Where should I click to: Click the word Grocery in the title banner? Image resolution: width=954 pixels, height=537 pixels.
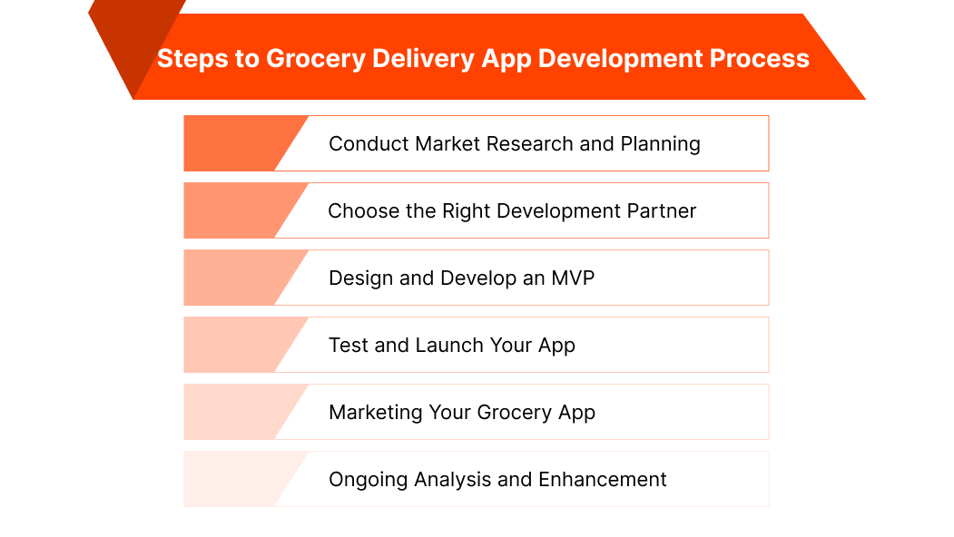pyautogui.click(x=316, y=59)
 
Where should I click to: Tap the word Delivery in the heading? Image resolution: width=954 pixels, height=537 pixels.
pyautogui.click(x=424, y=59)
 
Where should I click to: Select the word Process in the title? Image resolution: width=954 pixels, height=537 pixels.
pyautogui.click(x=760, y=58)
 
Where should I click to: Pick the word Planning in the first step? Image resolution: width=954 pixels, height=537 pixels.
pyautogui.click(x=660, y=145)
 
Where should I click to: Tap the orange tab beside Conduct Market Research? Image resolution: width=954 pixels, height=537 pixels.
pyautogui.click(x=237, y=143)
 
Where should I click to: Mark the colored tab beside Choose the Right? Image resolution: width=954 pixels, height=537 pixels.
pyautogui.click(x=237, y=210)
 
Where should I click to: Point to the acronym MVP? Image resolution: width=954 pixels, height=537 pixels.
pyautogui.click(x=573, y=278)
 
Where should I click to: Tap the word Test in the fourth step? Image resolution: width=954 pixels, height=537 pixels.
pyautogui.click(x=349, y=345)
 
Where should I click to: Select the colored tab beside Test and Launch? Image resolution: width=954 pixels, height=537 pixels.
pyautogui.click(x=237, y=345)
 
